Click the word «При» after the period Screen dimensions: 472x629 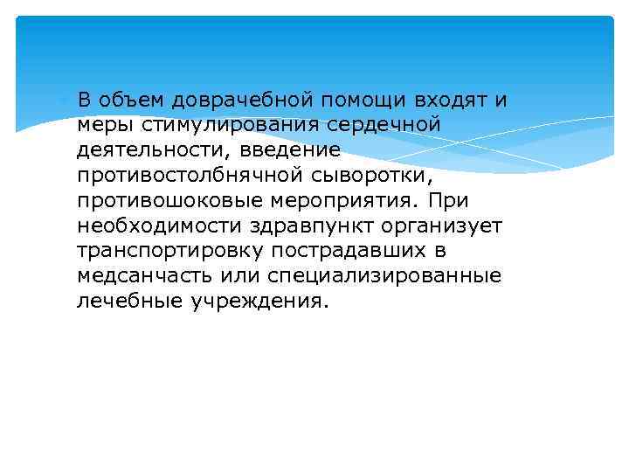click(437, 201)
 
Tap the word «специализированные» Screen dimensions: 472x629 click(388, 277)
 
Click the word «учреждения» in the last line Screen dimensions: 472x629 click(264, 302)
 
